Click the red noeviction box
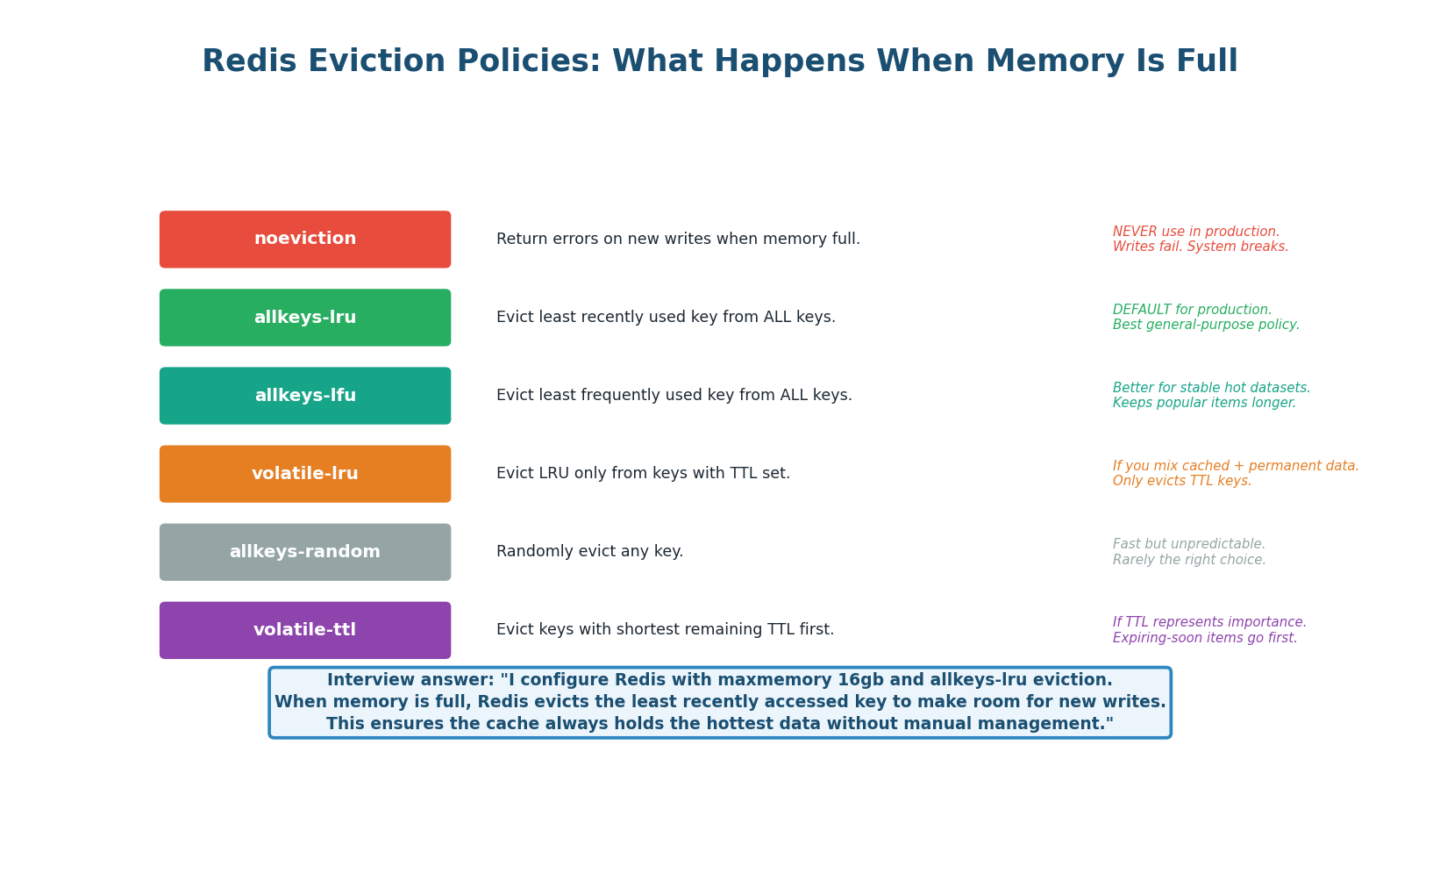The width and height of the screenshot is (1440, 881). tap(305, 240)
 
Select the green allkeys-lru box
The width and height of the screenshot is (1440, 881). tap(305, 318)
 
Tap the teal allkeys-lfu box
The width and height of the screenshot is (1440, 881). tap(305, 396)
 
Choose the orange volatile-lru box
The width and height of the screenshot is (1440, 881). tap(305, 474)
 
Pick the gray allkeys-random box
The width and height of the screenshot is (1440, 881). tap(305, 552)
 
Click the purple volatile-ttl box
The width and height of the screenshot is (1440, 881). tap(305, 630)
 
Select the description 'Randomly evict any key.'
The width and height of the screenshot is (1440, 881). tap(589, 552)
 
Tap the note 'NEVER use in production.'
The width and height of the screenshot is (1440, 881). tap(1195, 232)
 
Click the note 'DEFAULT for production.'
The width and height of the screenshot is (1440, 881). tap(1192, 310)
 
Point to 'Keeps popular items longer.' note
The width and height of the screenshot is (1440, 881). tap(1204, 404)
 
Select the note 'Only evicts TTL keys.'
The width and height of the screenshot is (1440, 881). tap(1181, 482)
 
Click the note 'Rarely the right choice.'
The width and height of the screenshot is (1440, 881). tap(1189, 560)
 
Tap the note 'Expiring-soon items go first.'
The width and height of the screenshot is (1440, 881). tap(1204, 638)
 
